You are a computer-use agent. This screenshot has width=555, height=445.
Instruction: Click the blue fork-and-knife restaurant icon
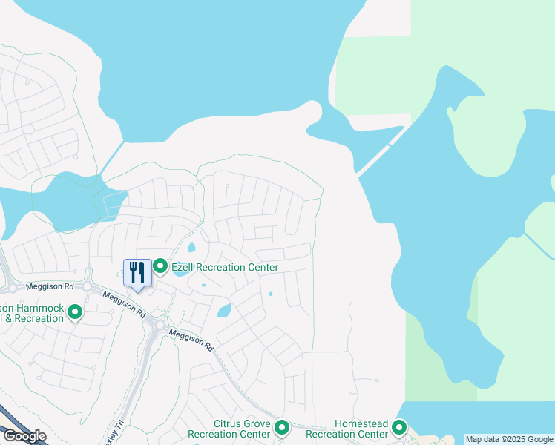tap(137, 272)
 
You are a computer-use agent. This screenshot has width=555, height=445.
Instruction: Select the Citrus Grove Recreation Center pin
tap(282, 427)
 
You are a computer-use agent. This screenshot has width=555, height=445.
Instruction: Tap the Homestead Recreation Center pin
tap(400, 427)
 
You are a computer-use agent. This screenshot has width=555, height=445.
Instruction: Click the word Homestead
tap(361, 423)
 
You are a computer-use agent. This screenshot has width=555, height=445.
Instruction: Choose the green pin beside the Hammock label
tap(74, 313)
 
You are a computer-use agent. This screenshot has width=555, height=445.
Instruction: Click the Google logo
tap(24, 436)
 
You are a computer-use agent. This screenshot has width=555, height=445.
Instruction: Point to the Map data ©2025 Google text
tap(509, 439)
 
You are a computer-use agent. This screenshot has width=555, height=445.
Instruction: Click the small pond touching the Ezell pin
tap(180, 272)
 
